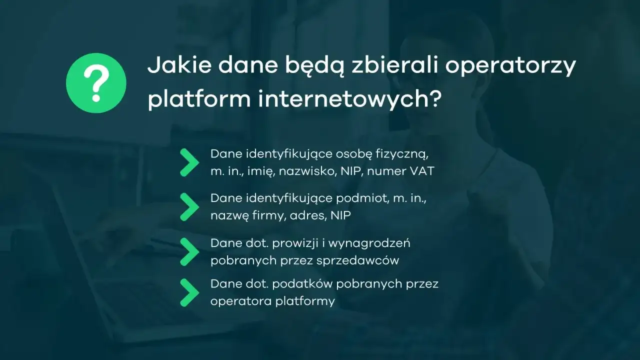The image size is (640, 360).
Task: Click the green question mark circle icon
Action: coord(96,83)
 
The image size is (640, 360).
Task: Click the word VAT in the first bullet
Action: coord(422,171)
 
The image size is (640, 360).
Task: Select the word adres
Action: coord(311,215)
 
